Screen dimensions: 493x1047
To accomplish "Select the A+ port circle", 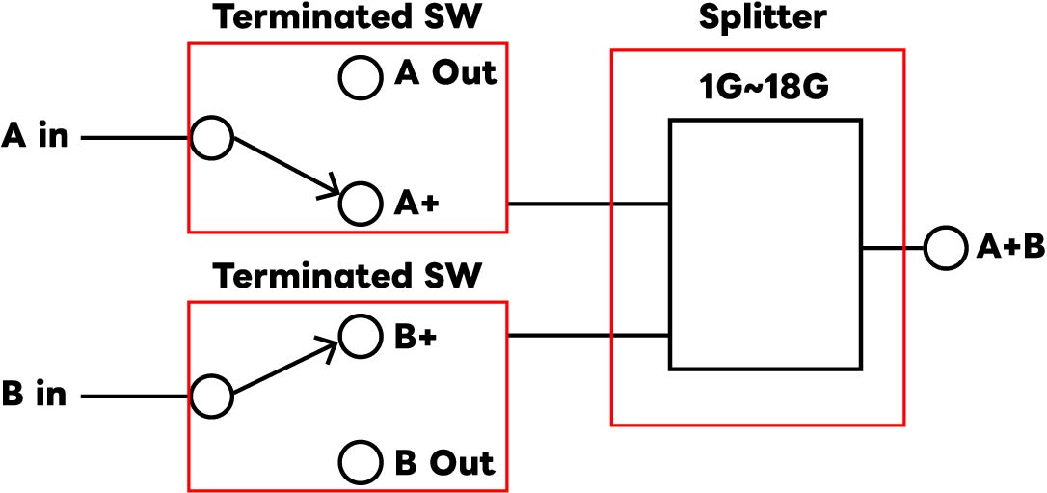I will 360,203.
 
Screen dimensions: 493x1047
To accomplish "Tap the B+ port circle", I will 360,336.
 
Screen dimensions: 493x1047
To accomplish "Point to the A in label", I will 36,137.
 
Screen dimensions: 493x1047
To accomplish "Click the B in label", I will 36,395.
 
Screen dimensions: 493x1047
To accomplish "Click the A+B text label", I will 1009,248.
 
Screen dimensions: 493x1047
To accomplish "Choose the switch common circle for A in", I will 211,138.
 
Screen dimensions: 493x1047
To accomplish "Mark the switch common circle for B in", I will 211,396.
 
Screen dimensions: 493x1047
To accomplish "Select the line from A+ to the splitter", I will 588,204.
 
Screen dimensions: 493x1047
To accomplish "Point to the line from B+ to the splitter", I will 588,336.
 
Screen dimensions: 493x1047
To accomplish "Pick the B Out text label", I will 444,462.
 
